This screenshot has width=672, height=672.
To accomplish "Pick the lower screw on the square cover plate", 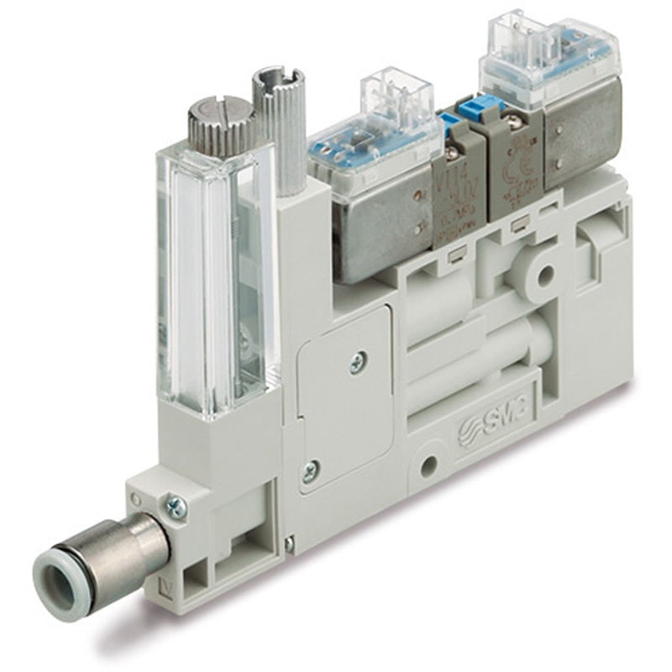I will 311,471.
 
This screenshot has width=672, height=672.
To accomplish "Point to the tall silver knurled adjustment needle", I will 275,126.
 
